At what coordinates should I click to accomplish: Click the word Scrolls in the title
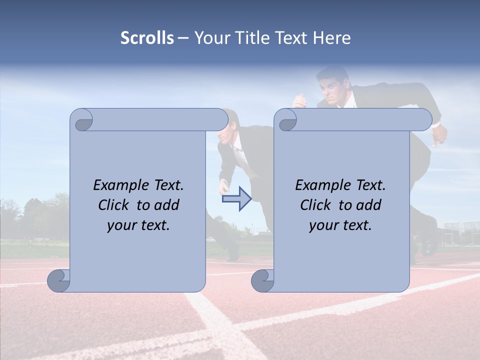click(147, 38)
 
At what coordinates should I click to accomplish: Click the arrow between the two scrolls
click(236, 199)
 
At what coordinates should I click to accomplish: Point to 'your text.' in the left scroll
click(138, 225)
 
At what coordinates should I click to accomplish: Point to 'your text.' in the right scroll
click(340, 225)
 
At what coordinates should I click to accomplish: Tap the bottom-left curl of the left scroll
click(59, 281)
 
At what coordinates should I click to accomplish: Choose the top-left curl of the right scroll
click(286, 120)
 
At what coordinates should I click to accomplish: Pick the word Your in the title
click(210, 38)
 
